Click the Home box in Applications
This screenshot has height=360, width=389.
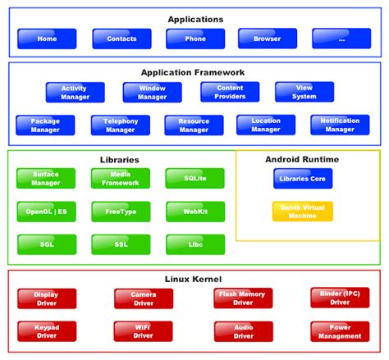pos(47,39)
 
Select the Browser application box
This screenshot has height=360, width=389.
pos(268,39)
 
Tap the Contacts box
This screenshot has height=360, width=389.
pos(121,39)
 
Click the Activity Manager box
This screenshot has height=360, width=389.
pos(76,93)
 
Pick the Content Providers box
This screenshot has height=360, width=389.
pos(230,93)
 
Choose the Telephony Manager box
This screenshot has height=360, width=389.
pos(121,125)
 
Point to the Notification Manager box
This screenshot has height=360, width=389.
pos(340,125)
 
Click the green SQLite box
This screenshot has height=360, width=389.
pos(194,178)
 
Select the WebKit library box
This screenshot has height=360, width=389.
pos(194,211)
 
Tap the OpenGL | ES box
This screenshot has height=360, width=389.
pos(46,211)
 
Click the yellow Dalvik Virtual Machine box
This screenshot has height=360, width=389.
pos(303,211)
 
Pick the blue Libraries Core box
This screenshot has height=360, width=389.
pos(303,178)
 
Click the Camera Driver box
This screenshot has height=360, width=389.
pos(144,298)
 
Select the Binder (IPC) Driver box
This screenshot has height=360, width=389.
pos(340,297)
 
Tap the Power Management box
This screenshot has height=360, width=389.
pos(340,331)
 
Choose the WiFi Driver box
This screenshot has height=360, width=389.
pos(144,331)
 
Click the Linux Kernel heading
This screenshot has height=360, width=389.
pos(194,280)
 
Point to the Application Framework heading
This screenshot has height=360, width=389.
pos(193,72)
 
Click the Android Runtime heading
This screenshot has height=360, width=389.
pos(302,159)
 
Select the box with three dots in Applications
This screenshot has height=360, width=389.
pos(341,39)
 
